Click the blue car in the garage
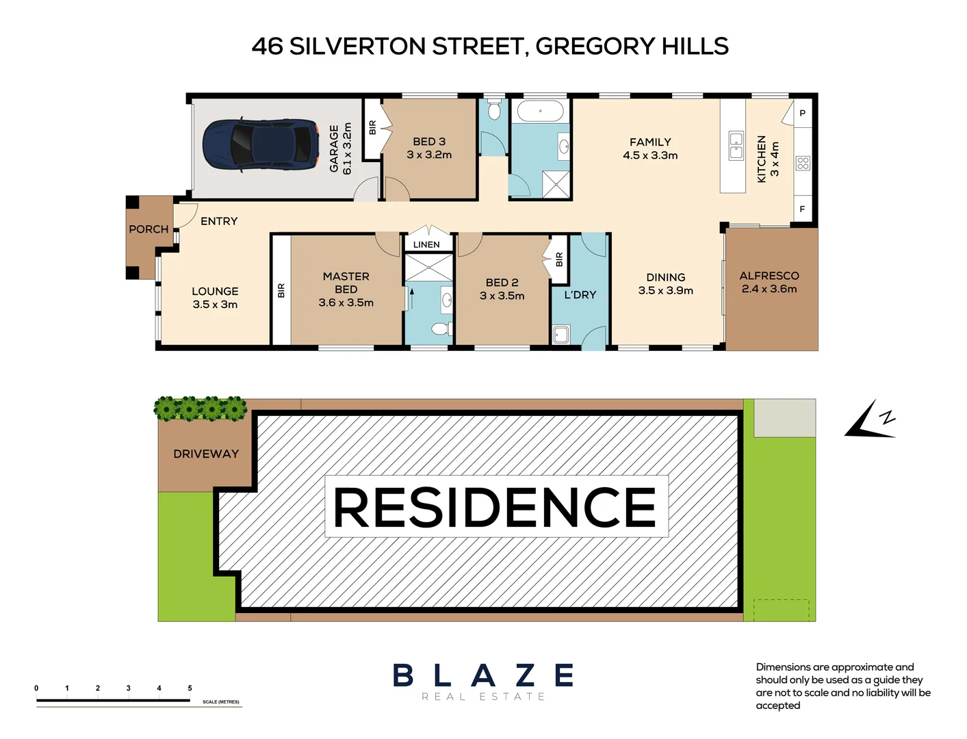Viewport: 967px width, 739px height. [x=260, y=144]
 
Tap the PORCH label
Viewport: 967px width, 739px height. [x=149, y=229]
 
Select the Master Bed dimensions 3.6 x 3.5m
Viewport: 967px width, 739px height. [x=346, y=302]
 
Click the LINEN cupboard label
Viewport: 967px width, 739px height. [x=426, y=244]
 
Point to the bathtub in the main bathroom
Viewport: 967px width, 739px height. [x=540, y=111]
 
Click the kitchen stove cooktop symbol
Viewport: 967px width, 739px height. [x=803, y=163]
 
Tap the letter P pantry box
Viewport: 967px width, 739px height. [x=803, y=113]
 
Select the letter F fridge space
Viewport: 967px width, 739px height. [x=803, y=209]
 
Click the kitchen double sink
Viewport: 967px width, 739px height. [x=736, y=145]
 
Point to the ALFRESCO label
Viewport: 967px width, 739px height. [x=769, y=276]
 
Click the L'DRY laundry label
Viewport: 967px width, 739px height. [x=580, y=295]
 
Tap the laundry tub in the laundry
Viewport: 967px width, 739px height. [x=560, y=335]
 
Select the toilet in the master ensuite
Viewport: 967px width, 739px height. [x=440, y=328]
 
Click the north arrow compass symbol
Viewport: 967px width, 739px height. [x=870, y=420]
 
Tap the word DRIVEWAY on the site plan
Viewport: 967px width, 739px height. [x=205, y=454]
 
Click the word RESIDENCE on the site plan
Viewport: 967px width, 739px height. [x=495, y=507]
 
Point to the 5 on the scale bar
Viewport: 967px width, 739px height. [x=190, y=688]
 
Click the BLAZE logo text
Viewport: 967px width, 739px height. [x=483, y=676]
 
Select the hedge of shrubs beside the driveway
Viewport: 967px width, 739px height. [x=200, y=408]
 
